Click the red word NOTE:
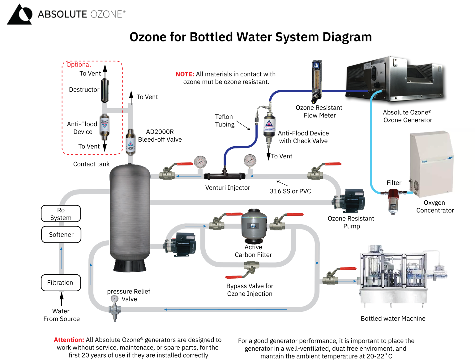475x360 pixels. [x=185, y=74]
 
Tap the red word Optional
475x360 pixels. [x=79, y=65]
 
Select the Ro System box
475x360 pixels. [x=61, y=214]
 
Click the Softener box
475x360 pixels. [x=61, y=235]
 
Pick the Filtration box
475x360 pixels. [x=61, y=283]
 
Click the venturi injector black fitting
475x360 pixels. [x=225, y=176]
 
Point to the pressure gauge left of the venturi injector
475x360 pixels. [x=200, y=162]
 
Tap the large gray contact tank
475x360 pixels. [x=130, y=213]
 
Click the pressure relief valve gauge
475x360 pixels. [x=114, y=299]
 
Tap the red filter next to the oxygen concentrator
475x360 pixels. [x=393, y=195]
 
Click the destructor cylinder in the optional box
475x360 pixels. [x=105, y=90]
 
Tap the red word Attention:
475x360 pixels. [x=69, y=340]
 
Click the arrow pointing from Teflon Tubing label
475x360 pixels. [x=243, y=126]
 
